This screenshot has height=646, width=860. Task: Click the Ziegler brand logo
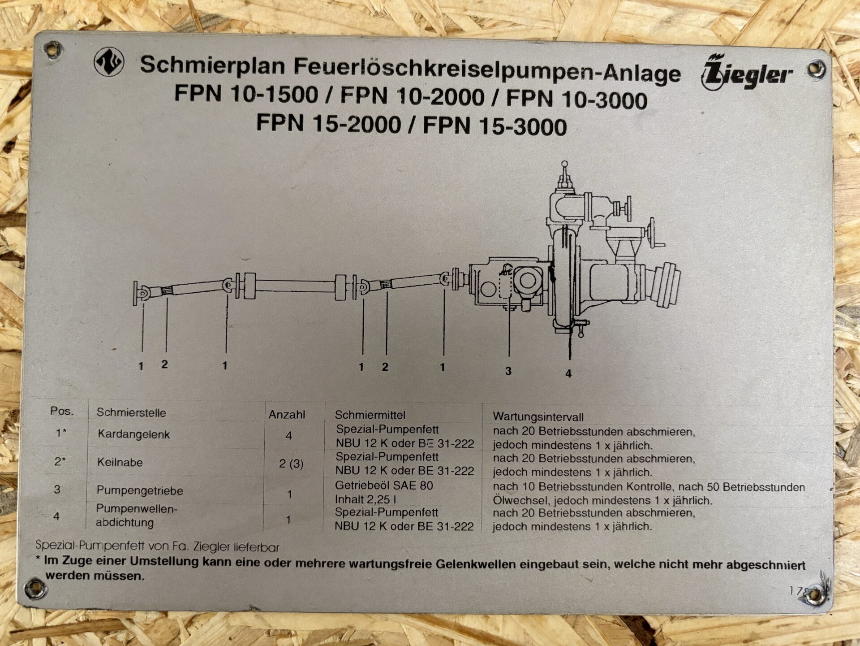746,73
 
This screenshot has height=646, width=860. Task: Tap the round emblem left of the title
109,62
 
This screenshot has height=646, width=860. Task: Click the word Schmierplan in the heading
213,65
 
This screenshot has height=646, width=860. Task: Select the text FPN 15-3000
494,126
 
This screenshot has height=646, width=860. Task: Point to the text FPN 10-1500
246,94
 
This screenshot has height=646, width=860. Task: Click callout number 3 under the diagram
508,371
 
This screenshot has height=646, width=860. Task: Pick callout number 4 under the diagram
568,373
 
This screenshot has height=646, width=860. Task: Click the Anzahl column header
287,415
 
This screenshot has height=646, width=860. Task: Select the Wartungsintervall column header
538,417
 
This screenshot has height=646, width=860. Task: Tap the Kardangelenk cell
133,434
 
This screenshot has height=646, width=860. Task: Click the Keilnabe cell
120,462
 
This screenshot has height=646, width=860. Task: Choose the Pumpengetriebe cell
140,490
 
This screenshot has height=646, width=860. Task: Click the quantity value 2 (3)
291,464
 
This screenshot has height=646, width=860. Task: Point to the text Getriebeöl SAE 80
384,486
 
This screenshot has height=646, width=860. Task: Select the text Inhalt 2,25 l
365,499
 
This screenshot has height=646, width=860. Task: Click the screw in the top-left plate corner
53,49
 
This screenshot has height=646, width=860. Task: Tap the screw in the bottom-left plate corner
35,588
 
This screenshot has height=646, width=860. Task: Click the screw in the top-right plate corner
816,69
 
